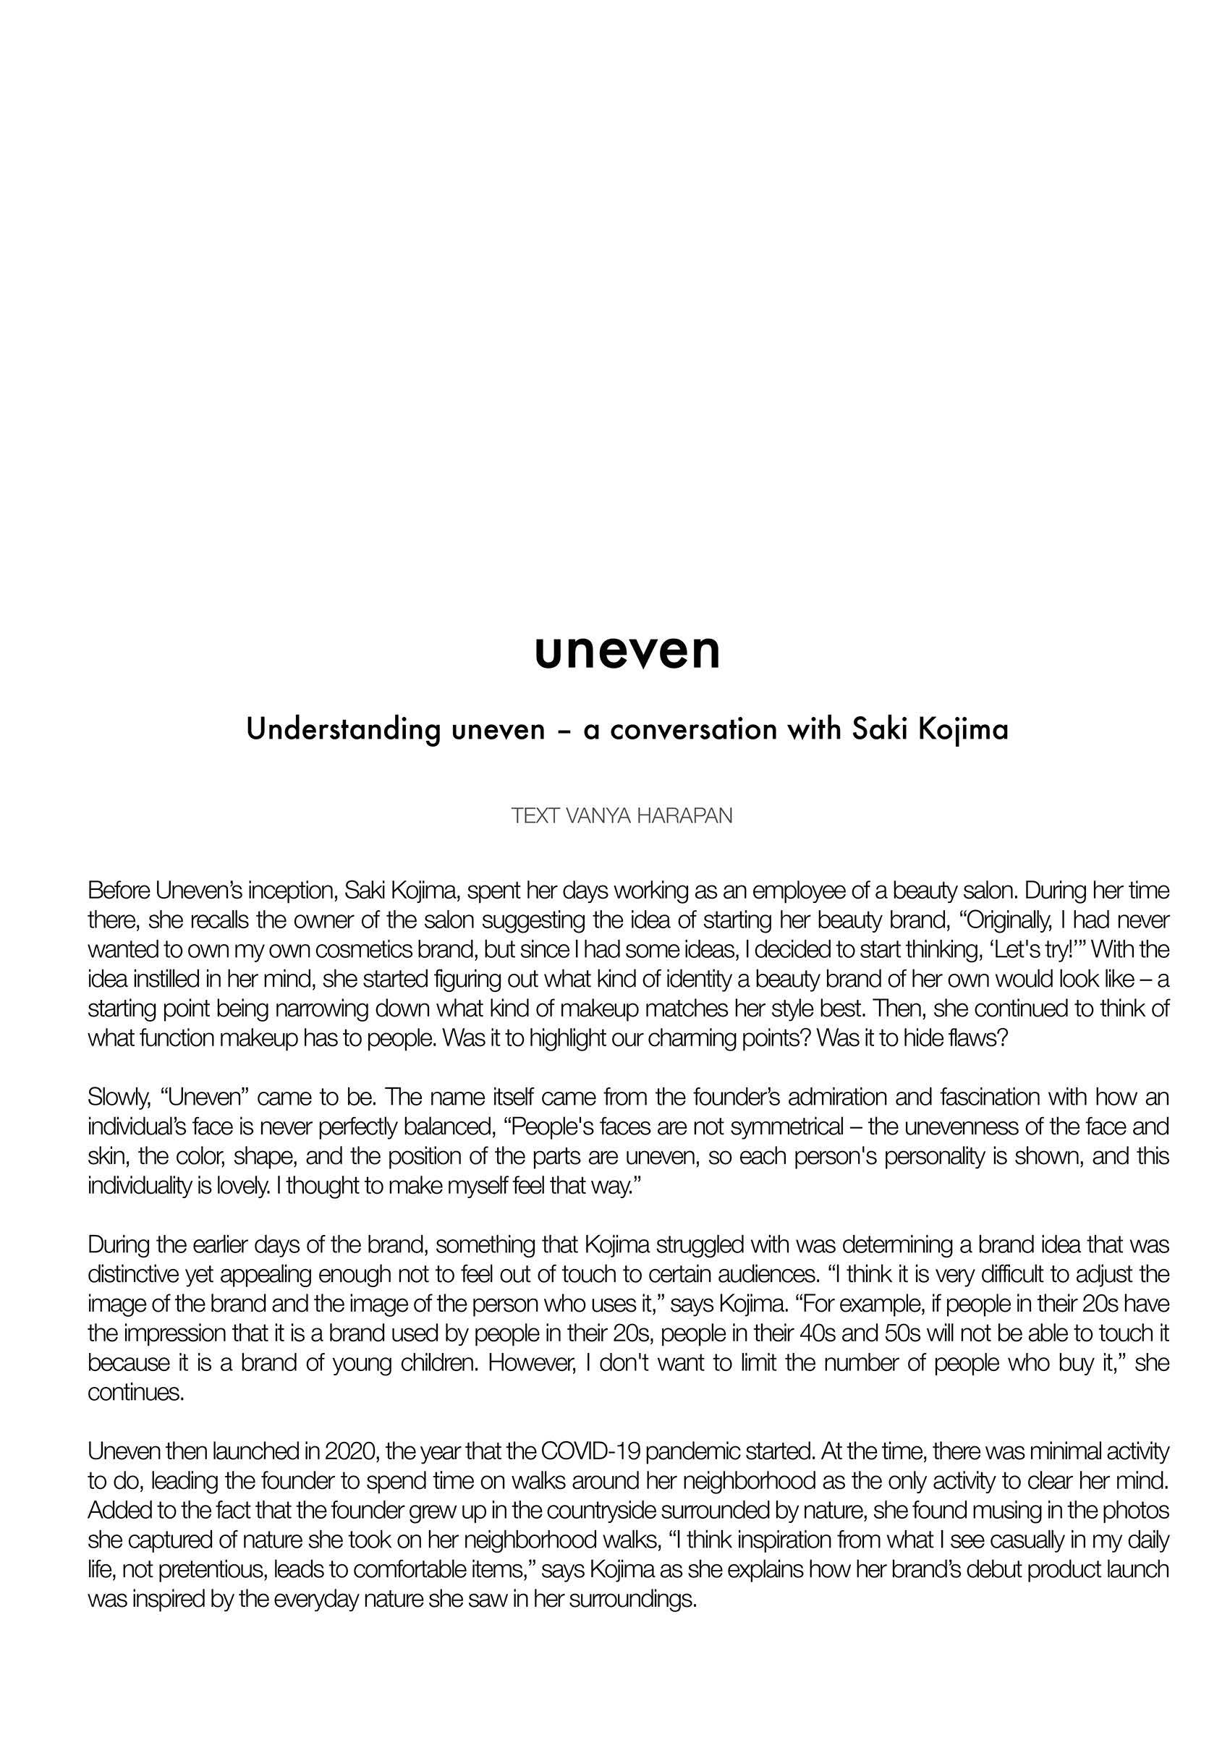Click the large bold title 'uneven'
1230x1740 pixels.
pos(627,651)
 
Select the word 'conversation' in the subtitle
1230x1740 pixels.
pos(690,730)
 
